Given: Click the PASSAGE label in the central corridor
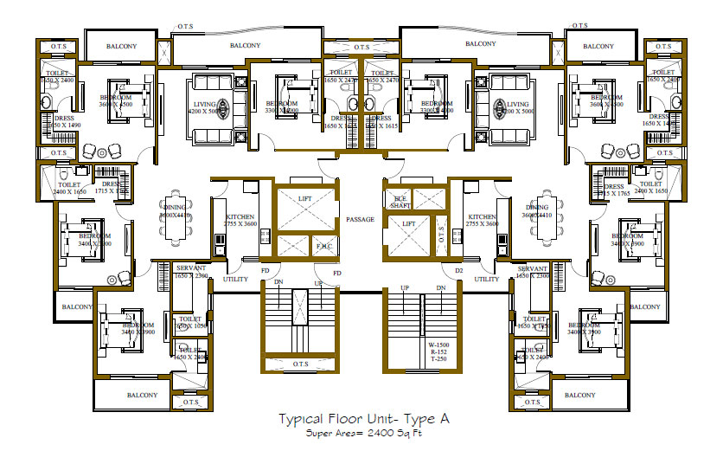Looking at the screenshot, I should click(360, 219).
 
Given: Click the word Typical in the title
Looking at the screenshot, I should click(301, 419).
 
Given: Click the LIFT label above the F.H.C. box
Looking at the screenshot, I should click(304, 198).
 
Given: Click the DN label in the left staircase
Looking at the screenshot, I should click(278, 282).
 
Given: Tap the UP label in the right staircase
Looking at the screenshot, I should click(404, 287).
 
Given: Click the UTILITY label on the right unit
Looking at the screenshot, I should click(486, 280).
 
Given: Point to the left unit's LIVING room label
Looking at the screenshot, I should click(204, 104).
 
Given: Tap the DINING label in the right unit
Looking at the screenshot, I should click(537, 208).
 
